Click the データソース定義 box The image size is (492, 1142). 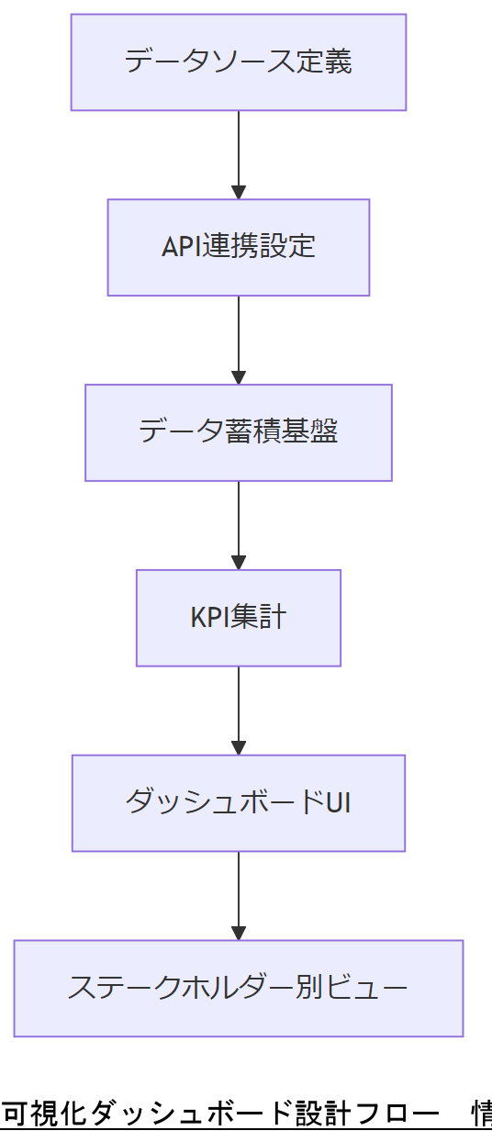239,62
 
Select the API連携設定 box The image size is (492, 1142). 239,248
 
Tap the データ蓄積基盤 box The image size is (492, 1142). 239,432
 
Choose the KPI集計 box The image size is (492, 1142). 239,618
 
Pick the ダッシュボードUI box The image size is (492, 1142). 239,803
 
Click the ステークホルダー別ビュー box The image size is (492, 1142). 239,989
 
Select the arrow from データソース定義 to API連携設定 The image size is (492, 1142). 239,151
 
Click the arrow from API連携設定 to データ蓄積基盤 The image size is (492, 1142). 239,337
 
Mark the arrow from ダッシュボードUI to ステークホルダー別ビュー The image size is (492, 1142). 239,892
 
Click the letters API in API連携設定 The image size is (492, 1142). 181,248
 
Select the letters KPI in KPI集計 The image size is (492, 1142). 209,618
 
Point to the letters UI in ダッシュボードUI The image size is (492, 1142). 339,803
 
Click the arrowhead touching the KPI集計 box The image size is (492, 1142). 239,562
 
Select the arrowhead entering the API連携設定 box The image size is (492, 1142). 239,192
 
